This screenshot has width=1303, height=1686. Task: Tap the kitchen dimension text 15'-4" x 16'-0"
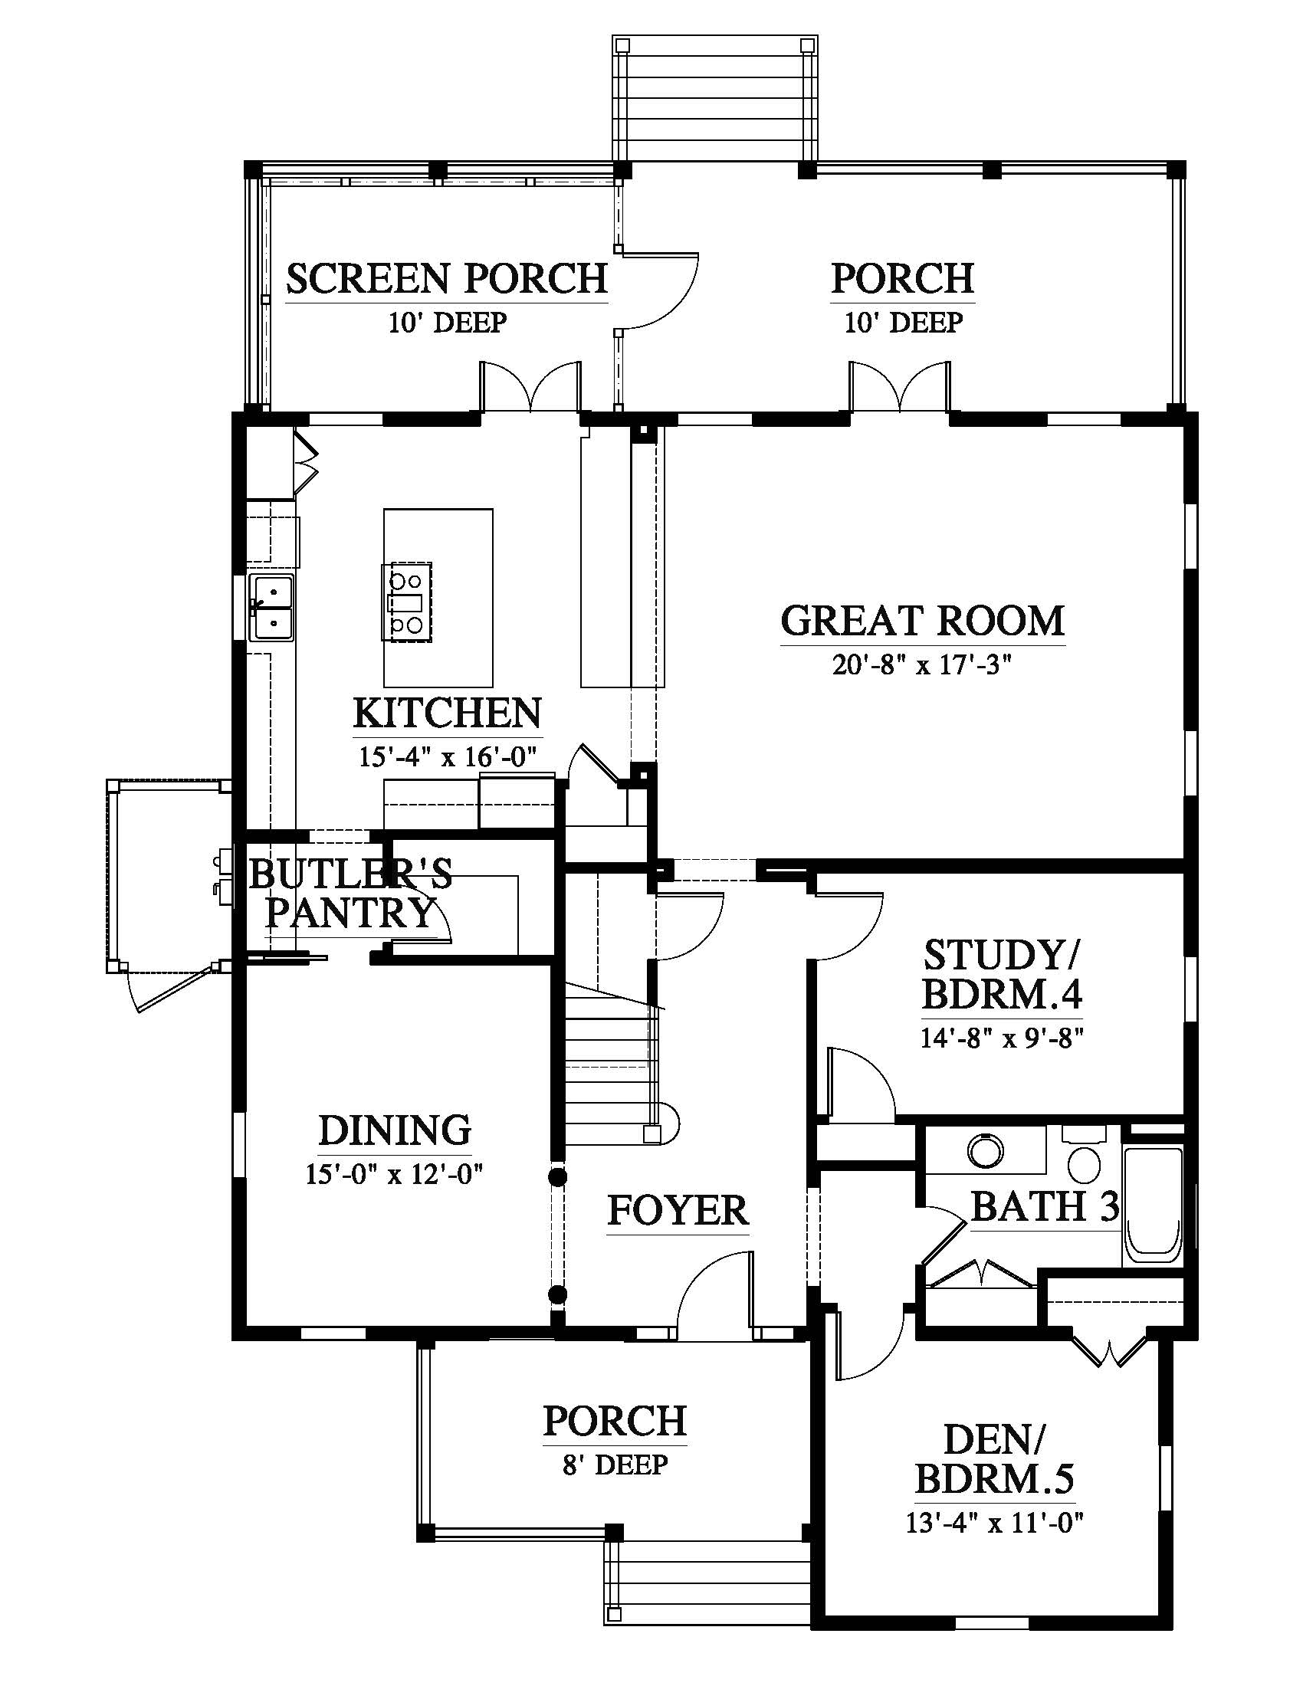pyautogui.click(x=447, y=756)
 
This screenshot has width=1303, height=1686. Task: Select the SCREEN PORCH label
pyautogui.click(x=447, y=279)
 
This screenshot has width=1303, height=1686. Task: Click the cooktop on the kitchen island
pyautogui.click(x=407, y=602)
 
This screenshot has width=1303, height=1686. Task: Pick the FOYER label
pyautogui.click(x=678, y=1210)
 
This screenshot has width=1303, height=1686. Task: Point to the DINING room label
pyautogui.click(x=395, y=1130)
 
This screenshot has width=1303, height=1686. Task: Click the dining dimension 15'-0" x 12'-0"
pyautogui.click(x=395, y=1175)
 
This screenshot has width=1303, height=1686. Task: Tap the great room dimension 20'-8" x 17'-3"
pyautogui.click(x=921, y=664)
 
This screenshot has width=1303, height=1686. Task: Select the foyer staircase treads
pyautogui.click(x=612, y=1065)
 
